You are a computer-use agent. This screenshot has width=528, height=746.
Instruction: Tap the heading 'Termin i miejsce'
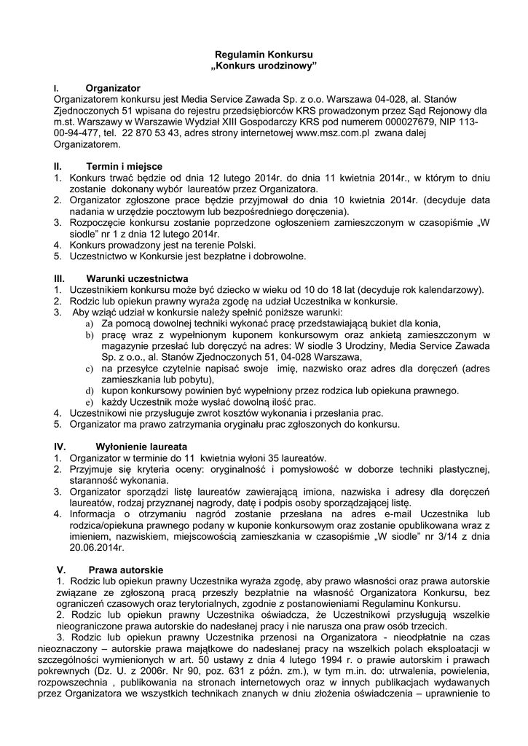point(124,166)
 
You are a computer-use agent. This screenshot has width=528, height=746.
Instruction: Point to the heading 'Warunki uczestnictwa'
point(137,278)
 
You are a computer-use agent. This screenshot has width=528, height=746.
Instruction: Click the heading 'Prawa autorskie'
point(127,570)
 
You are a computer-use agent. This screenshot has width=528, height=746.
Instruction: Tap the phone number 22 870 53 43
point(154,133)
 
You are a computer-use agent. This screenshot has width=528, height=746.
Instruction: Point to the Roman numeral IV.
point(60,445)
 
